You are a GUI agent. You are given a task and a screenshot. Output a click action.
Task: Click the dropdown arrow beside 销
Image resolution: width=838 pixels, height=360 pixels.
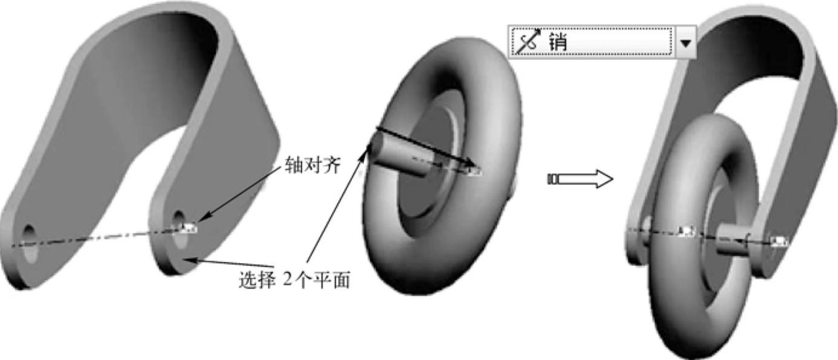coord(686,42)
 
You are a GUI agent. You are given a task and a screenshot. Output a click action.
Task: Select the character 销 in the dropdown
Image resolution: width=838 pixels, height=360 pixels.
coord(557,42)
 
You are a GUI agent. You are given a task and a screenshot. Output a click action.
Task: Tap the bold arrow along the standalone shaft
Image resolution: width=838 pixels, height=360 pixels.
coord(424,145)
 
